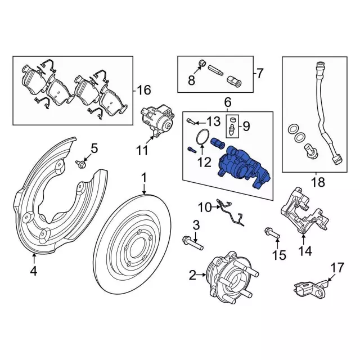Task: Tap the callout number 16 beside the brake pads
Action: pyautogui.click(x=143, y=89)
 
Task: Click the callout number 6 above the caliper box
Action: pyautogui.click(x=228, y=102)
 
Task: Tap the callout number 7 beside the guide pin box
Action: pyautogui.click(x=260, y=73)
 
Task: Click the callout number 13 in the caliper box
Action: pyautogui.click(x=213, y=122)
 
